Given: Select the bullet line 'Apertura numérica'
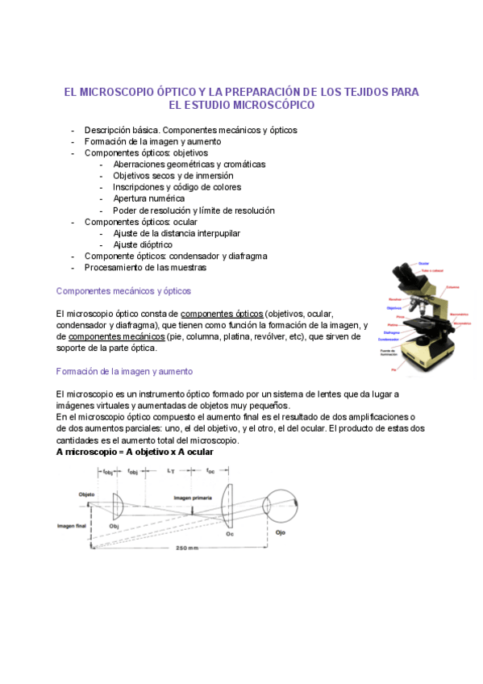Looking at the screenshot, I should pyautogui.click(x=148, y=198).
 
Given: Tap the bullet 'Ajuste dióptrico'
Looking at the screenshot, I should pyautogui.click(x=142, y=244).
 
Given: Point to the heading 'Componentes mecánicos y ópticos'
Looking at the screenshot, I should pyautogui.click(x=123, y=290).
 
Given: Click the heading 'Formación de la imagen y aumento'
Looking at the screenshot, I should pyautogui.click(x=124, y=371).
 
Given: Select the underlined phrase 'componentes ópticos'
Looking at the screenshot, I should pyautogui.click(x=222, y=313).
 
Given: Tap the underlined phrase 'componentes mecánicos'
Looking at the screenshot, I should pyautogui.click(x=117, y=336).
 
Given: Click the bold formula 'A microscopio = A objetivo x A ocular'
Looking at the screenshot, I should pyautogui.click(x=135, y=453).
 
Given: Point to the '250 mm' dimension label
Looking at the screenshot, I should pyautogui.click(x=185, y=548).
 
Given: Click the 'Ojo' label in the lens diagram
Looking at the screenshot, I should pyautogui.click(x=280, y=533).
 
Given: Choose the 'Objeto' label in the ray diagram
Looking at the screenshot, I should pyautogui.click(x=86, y=494).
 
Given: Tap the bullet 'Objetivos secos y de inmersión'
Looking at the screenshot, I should pyautogui.click(x=173, y=175).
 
